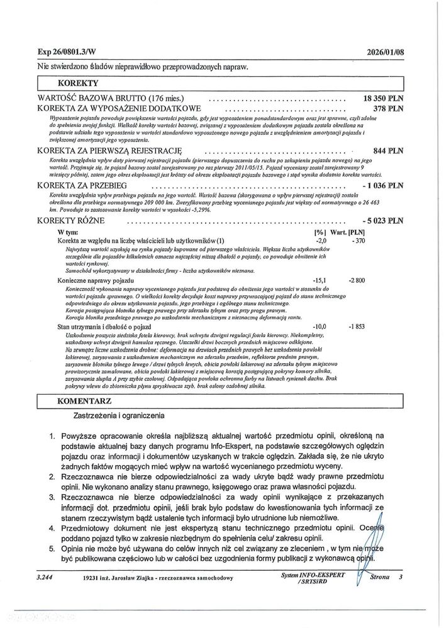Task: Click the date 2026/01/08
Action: (384, 53)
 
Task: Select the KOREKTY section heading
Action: (78, 82)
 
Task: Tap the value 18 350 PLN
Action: (384, 99)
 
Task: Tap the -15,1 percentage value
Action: (320, 279)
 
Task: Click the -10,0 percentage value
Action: (320, 326)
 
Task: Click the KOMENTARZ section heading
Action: (84, 400)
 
